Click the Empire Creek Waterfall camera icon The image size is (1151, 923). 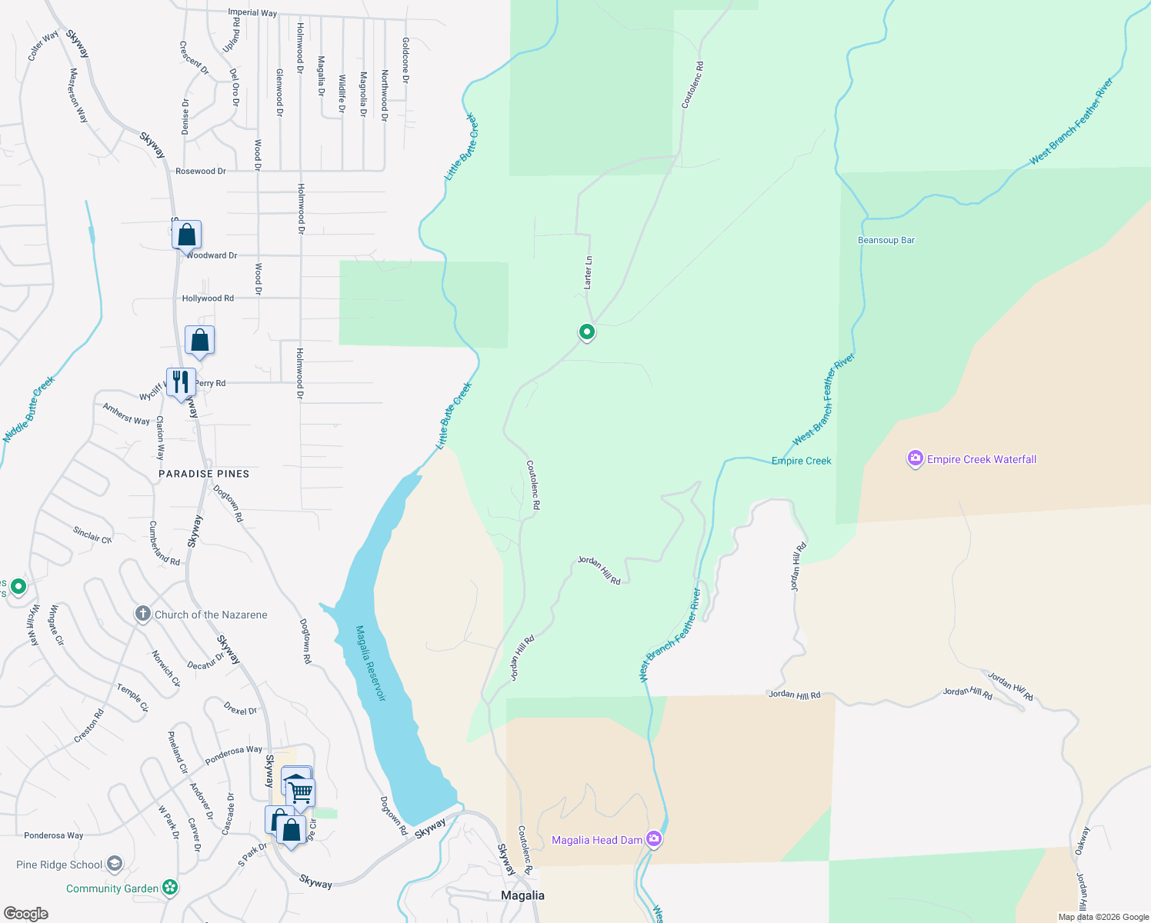pos(915,459)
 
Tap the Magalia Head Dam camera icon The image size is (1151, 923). pos(654,839)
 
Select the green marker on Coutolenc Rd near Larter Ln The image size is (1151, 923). pos(587,332)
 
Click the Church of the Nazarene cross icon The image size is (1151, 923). pos(142,614)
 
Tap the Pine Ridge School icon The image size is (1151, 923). pos(115,864)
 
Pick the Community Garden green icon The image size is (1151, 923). pos(170,888)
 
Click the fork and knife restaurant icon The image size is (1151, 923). pos(181,382)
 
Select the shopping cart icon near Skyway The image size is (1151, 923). pos(302,791)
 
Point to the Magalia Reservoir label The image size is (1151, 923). pos(370,663)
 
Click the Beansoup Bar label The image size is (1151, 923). pos(886,240)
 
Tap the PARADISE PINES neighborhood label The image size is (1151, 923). pos(204,474)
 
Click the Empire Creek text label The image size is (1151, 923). pos(801,461)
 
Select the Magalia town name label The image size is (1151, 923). pos(522,895)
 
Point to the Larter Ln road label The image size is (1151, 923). pos(589,272)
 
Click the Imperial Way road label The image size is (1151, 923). pos(252,13)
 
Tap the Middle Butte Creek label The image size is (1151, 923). pos(29,409)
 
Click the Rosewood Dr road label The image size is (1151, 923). pos(201,171)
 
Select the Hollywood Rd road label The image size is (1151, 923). pos(208,298)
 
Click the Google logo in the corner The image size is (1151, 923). pos(26,913)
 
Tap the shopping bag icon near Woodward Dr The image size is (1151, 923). pos(187,235)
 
